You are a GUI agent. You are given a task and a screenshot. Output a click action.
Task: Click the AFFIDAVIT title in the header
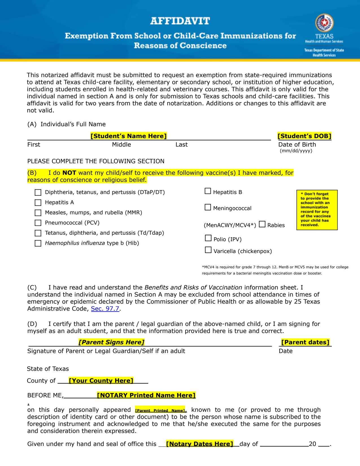[x=180, y=21]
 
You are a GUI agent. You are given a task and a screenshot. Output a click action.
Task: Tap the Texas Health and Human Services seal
[x=324, y=23]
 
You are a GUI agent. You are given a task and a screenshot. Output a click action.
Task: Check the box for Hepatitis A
[x=38, y=203]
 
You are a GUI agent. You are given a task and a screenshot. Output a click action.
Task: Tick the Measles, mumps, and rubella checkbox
[x=38, y=213]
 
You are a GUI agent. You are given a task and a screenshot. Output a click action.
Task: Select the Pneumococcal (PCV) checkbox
[x=38, y=223]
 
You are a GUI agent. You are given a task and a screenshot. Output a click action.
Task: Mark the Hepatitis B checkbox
[x=208, y=191]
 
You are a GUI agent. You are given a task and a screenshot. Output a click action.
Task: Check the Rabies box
[x=262, y=224]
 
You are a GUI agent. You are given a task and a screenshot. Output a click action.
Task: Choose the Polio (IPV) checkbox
[x=208, y=238]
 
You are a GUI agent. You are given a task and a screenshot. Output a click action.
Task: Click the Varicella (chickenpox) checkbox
[x=208, y=250]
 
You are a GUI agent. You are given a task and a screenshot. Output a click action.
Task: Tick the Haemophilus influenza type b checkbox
[x=38, y=243]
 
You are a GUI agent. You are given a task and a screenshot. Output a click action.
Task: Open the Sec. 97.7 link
[x=105, y=309]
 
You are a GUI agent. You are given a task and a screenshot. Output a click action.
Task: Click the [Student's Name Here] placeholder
[x=128, y=136]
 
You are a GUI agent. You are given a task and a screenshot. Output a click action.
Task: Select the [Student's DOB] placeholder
[x=304, y=136]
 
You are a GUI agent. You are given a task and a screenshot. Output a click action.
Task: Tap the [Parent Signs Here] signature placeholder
[x=112, y=342]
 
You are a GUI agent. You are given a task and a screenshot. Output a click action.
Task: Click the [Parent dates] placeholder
[x=305, y=342]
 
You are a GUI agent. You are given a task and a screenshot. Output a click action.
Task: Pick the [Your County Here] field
[x=101, y=381]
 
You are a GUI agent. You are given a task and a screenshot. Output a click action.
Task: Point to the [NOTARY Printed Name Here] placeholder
[x=146, y=395]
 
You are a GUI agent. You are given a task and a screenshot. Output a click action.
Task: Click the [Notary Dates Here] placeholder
[x=200, y=444]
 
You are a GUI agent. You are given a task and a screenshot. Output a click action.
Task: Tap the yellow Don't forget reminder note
[x=317, y=210]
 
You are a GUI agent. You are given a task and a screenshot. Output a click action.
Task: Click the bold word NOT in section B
[x=69, y=173]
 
